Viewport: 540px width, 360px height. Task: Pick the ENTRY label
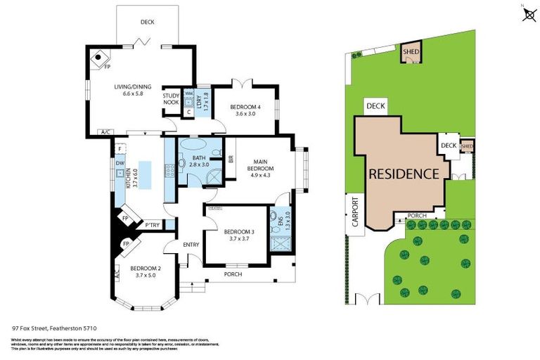(191, 244)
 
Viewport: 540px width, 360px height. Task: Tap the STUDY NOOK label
(171, 99)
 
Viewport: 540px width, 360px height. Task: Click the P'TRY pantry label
(152, 226)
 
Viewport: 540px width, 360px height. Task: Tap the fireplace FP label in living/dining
(108, 67)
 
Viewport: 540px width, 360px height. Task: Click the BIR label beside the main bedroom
(231, 159)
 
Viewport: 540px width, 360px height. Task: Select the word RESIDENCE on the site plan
(405, 173)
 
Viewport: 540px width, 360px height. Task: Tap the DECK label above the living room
(147, 22)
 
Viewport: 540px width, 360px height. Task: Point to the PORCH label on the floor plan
(232, 274)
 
